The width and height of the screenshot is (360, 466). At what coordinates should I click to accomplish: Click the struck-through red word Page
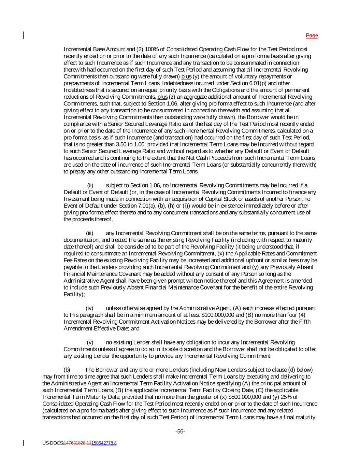point(312,36)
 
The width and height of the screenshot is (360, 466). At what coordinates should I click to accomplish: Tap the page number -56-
point(180,432)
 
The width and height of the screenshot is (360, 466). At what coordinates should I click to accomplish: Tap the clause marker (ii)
point(90,185)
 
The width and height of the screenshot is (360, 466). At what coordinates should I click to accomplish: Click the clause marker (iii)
point(89,233)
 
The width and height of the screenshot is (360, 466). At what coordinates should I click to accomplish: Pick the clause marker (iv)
point(89,308)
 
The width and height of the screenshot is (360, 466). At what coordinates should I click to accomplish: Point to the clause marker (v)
point(90,342)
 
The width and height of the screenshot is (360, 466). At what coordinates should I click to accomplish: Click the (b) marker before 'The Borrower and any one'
point(67,370)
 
